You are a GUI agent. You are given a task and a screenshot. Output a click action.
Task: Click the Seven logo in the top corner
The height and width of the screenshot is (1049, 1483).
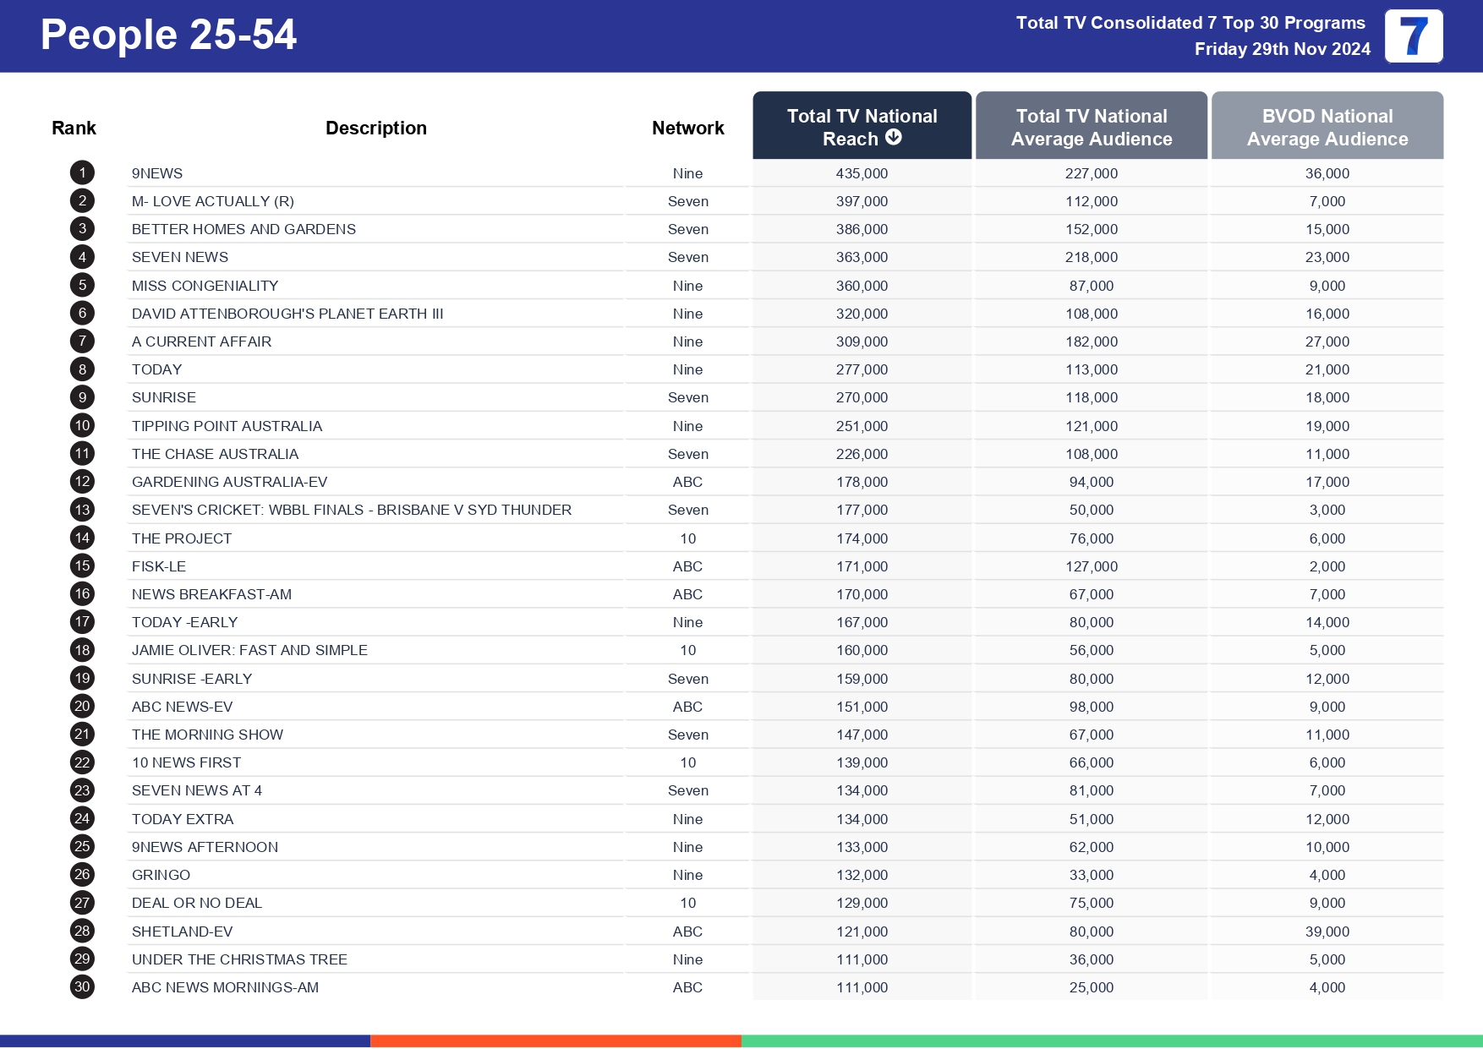(1413, 36)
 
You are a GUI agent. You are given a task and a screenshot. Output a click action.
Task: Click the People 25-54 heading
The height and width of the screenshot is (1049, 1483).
(168, 36)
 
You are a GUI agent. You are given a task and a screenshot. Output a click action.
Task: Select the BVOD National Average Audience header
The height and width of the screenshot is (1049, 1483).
(1327, 127)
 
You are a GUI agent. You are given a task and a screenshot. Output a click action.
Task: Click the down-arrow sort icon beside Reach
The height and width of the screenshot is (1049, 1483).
(894, 138)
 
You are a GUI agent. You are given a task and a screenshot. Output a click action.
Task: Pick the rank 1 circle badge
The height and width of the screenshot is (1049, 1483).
(82, 173)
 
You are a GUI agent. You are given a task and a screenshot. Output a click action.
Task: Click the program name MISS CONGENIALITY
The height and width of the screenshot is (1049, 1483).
(205, 286)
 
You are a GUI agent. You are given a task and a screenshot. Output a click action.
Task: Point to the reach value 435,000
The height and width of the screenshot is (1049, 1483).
(862, 173)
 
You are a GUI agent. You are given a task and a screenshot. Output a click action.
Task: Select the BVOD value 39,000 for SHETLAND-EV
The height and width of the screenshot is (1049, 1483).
(1327, 932)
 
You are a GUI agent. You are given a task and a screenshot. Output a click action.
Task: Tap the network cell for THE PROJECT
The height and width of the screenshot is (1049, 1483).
(687, 538)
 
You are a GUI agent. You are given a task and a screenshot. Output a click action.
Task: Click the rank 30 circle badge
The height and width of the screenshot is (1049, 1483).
(82, 987)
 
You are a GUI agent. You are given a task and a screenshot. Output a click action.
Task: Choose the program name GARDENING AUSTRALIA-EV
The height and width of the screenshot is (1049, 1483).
(229, 482)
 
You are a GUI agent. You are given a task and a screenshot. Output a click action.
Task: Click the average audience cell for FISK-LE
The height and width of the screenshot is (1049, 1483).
(1091, 566)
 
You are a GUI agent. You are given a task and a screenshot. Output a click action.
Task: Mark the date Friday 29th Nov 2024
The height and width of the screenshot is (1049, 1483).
(1282, 49)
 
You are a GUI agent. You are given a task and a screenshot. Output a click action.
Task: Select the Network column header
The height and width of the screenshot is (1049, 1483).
(687, 128)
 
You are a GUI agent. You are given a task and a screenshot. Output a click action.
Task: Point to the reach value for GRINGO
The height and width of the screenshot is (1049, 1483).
(862, 875)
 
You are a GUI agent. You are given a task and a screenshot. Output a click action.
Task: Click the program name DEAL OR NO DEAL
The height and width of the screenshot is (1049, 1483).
(197, 903)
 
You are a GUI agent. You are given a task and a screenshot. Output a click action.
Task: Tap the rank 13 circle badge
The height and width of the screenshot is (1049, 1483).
(82, 510)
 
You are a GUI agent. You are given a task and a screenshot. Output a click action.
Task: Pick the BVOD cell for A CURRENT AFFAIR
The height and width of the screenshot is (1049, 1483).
(1327, 341)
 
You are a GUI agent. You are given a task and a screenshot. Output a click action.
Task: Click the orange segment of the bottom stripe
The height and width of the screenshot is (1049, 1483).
(555, 1041)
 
